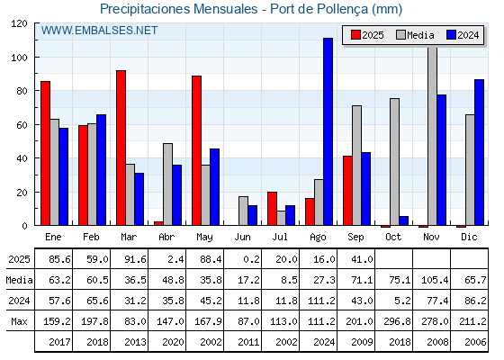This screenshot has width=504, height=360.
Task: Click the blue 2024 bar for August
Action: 328,131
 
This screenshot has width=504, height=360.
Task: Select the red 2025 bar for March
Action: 121,148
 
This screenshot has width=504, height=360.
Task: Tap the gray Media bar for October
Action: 394,162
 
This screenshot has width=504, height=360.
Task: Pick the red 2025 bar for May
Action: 196,150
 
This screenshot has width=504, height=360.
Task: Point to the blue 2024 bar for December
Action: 479,152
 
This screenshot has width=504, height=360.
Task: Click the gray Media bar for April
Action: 167,184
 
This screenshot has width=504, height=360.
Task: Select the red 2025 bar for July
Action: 272,209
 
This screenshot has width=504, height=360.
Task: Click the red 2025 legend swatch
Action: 355,35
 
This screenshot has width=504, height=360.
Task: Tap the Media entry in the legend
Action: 415,35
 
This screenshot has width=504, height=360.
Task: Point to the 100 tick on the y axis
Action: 19,58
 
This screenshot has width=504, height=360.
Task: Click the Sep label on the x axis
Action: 355,238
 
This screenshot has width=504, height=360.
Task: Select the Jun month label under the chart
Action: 242,238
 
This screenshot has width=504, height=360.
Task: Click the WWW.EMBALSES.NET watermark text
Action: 99,31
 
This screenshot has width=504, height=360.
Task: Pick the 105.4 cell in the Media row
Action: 435,280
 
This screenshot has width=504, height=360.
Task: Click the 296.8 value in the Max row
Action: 397,321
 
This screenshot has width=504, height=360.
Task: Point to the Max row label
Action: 19,321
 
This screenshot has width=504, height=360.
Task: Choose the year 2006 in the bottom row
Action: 475,342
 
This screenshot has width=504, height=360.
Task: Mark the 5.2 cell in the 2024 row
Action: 402,301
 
